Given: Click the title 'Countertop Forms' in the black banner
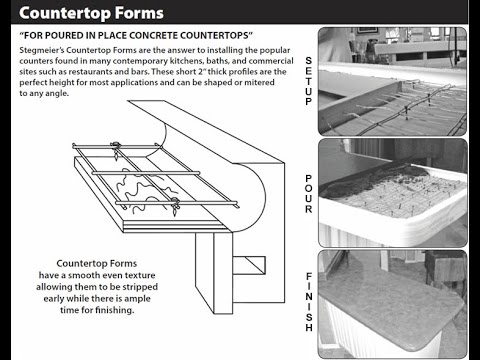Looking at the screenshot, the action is point(91,13).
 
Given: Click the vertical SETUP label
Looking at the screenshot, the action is point(309,81).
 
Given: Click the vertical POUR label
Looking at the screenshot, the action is point(309,194).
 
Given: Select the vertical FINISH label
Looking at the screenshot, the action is point(309,302).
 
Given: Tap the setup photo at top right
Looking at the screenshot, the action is point(392,81).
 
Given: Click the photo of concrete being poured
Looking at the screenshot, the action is point(393,193).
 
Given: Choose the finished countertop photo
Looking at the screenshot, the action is point(393,304).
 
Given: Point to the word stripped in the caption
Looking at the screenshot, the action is point(140,287).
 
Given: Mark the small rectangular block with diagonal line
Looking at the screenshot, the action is point(249,265).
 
